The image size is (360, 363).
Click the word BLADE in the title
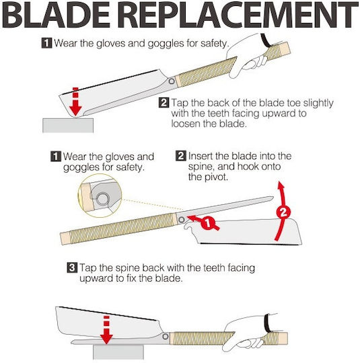pos(57,15)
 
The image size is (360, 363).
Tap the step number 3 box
pos(71,268)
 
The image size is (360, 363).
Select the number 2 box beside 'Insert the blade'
pos(180,156)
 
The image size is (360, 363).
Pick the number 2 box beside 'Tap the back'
pos(164,103)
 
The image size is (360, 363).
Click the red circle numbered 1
pos(208,223)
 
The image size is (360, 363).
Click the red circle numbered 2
pos(283,212)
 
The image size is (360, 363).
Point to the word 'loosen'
pos(186,124)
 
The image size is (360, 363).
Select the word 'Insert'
pos(201,156)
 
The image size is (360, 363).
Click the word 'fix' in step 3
pos(131,278)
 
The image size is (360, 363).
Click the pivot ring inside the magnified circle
pos(103,199)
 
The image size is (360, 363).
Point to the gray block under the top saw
pos(68,125)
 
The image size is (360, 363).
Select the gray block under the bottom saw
pos(118,352)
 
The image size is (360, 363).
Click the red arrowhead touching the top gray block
pos(75,111)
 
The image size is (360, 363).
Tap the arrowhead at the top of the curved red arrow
pos(281,186)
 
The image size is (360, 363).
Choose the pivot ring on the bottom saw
pos(166,337)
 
